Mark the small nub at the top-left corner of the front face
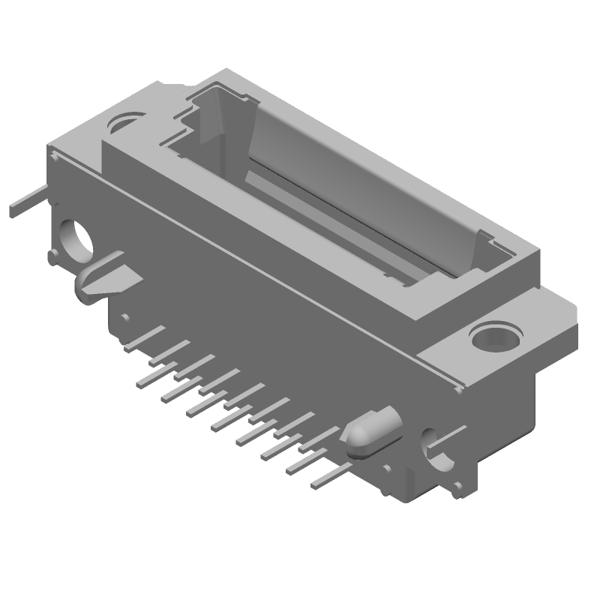pos(54,154)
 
